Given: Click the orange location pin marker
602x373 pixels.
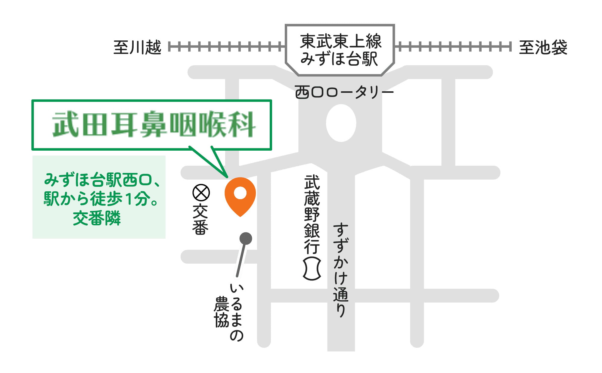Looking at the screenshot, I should tap(240, 195).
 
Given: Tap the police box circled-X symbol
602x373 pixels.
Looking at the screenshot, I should tap(201, 193).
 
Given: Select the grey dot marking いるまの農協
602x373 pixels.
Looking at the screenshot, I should tap(246, 239).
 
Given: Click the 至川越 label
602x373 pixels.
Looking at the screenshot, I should tap(137, 47).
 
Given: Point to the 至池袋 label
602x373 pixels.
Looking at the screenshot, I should tap(543, 47).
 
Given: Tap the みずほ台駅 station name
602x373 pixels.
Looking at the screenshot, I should tap(339, 58).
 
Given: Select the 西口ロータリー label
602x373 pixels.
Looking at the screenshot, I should tap(344, 92).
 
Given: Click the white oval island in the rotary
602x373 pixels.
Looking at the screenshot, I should tap(341, 123).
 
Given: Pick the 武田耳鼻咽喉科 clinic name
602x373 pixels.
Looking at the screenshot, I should tap(154, 124).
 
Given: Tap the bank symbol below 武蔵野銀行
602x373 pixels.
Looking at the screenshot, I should tap(312, 269).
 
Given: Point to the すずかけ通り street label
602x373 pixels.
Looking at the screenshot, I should tap(341, 270).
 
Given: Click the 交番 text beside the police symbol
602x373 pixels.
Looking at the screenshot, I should tap(200, 219).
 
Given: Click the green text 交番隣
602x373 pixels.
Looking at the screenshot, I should tap(97, 218).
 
